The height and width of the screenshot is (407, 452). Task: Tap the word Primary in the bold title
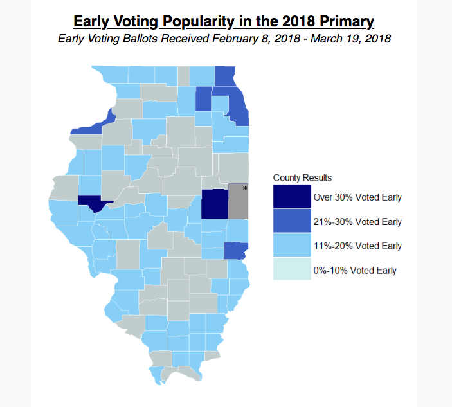point(344,21)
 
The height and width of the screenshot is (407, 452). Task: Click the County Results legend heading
point(302,177)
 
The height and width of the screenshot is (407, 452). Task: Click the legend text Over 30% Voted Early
point(357,197)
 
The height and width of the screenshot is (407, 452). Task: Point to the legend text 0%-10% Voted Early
point(354,271)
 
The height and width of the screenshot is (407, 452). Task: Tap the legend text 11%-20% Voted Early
point(357,246)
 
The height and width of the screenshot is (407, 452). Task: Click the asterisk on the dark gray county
point(245,188)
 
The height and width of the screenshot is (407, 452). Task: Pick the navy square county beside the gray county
point(215,204)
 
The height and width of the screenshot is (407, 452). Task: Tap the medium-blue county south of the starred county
point(236,250)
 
